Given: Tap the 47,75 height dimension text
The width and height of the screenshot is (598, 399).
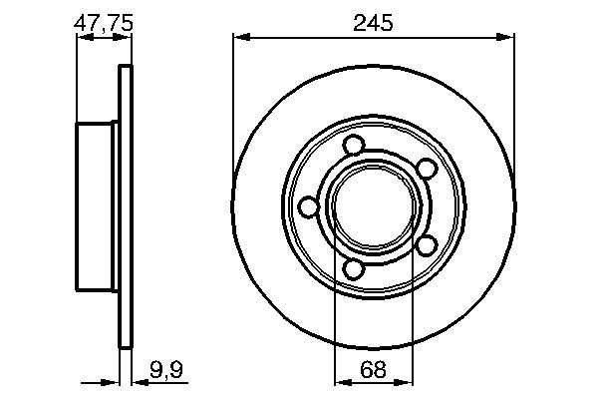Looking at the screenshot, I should pyautogui.click(x=104, y=21).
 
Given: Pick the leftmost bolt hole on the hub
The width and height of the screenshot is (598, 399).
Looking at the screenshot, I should pyautogui.click(x=309, y=206).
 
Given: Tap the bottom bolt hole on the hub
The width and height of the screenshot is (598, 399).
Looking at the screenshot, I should pyautogui.click(x=352, y=267).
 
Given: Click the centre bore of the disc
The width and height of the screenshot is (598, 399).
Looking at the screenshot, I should pyautogui.click(x=374, y=206).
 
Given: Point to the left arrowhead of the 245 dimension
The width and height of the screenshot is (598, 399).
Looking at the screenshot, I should pyautogui.click(x=239, y=38).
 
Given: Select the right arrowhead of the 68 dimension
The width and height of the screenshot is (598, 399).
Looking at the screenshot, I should pyautogui.click(x=408, y=380).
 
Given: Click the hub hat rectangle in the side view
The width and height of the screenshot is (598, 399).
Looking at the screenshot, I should pyautogui.click(x=97, y=206).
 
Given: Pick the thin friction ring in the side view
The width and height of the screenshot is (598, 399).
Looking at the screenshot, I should pyautogui.click(x=125, y=206).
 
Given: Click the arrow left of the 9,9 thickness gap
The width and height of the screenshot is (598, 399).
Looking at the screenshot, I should pyautogui.click(x=112, y=380).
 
